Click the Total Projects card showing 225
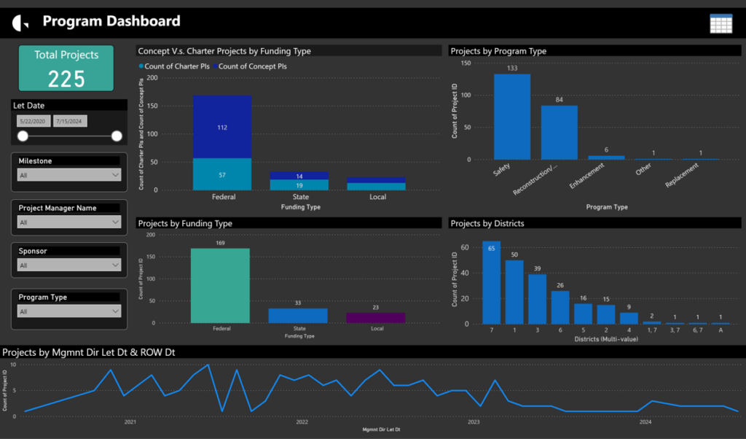(x=66, y=69)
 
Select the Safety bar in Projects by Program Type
(x=512, y=117)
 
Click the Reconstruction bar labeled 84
(x=559, y=132)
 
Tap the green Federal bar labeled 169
(x=220, y=285)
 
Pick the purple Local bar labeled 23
(x=375, y=318)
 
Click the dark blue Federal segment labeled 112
(x=222, y=127)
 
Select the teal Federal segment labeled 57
(x=222, y=174)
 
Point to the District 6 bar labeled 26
(x=559, y=307)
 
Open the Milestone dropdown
(x=69, y=175)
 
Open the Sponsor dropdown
(x=69, y=265)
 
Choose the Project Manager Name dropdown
(x=69, y=222)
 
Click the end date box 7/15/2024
(x=69, y=121)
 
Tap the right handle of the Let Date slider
(x=117, y=136)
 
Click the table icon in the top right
(x=721, y=23)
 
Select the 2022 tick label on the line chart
(x=302, y=421)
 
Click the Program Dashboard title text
(x=111, y=21)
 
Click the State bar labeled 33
(x=298, y=316)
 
